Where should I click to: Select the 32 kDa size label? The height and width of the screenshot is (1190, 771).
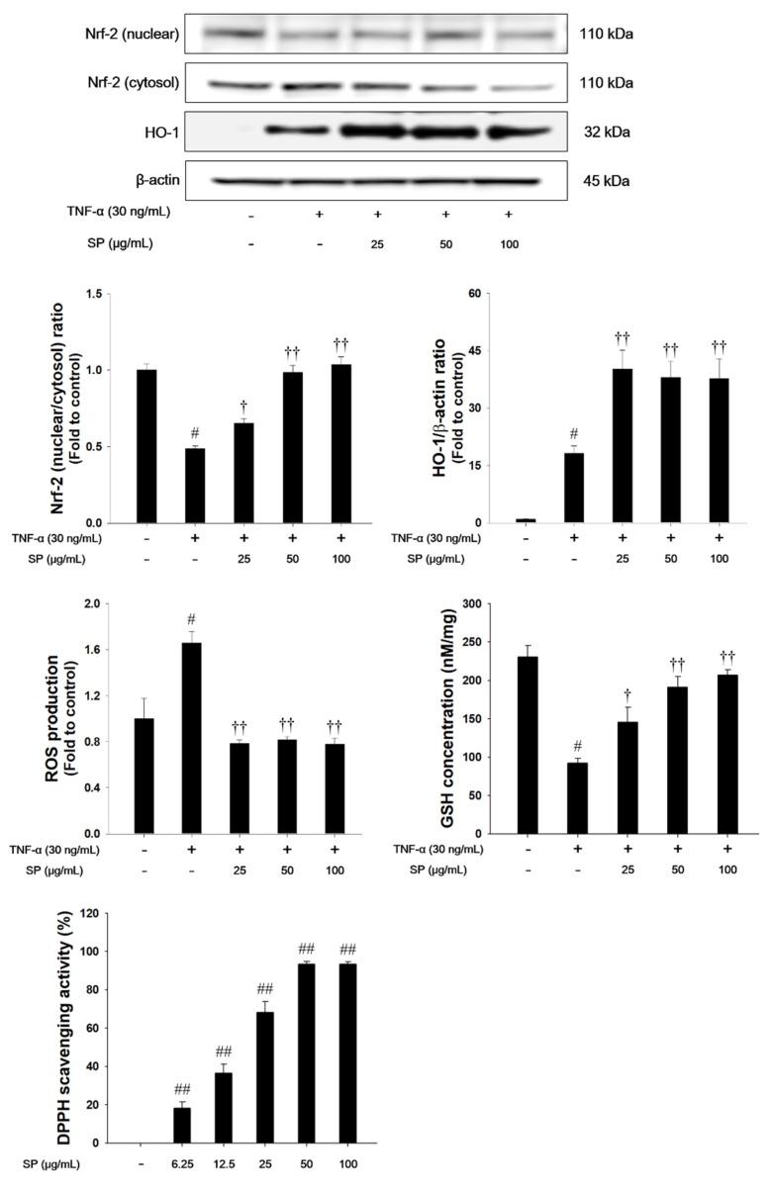[606, 132]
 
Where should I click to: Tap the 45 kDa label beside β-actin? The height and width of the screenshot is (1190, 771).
[606, 181]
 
